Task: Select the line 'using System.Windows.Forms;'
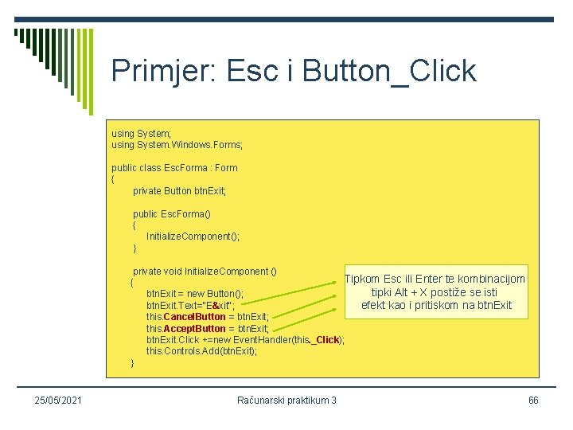[177, 146]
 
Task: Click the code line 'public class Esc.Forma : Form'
[174, 168]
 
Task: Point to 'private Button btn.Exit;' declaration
[179, 191]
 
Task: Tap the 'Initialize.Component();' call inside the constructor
[193, 236]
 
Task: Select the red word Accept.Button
[194, 328]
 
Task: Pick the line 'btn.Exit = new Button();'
[194, 294]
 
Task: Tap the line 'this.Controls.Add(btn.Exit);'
[201, 351]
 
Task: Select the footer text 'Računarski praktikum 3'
[286, 400]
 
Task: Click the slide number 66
[532, 400]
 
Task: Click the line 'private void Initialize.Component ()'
[205, 271]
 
